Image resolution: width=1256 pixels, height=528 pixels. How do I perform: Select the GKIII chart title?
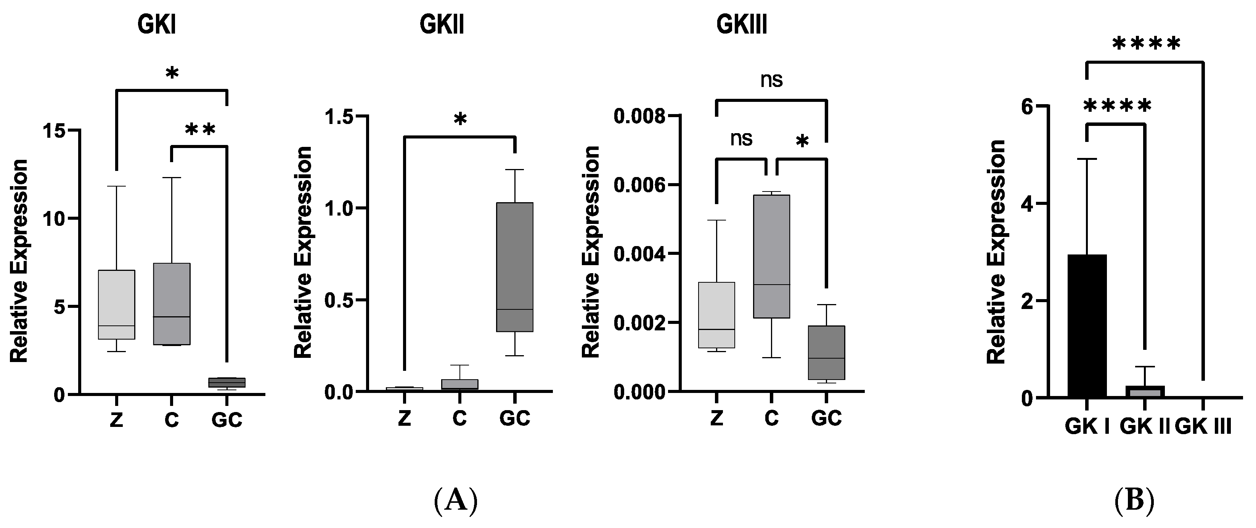click(742, 24)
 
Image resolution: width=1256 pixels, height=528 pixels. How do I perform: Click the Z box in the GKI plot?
click(117, 304)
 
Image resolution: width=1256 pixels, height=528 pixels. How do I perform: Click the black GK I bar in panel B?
click(1087, 326)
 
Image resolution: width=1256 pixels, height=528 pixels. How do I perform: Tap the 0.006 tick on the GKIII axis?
click(639, 185)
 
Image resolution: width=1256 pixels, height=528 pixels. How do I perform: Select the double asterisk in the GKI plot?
click(200, 130)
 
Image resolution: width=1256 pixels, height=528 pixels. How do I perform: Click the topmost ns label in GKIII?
click(771, 80)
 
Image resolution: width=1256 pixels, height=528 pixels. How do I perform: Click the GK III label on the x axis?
click(1203, 427)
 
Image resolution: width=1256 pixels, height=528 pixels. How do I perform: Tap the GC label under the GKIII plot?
click(826, 419)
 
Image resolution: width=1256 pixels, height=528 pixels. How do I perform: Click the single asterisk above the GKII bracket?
click(460, 119)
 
